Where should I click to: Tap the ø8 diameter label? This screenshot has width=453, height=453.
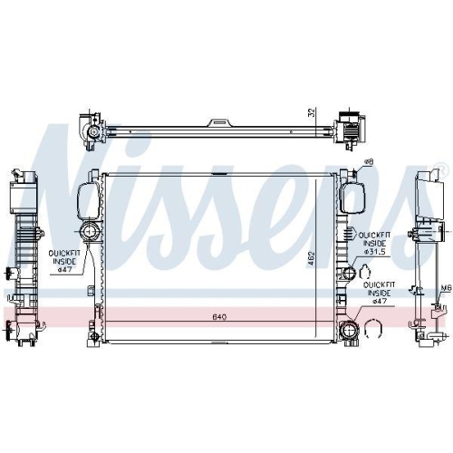click(x=368, y=163)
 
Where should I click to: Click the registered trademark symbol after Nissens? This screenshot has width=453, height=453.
click(x=439, y=169)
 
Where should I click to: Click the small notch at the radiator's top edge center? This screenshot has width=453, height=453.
click(x=217, y=171)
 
